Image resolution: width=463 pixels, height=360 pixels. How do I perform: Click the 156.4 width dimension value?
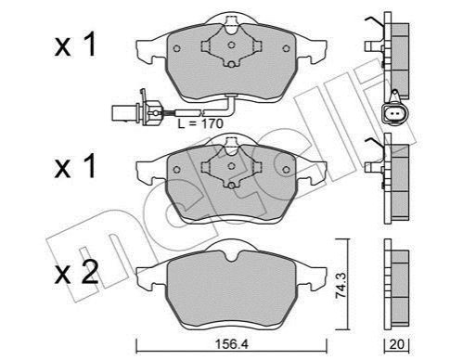(232, 343)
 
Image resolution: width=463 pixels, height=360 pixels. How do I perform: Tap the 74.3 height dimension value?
(341, 285)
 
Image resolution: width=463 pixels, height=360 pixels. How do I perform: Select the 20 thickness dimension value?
(396, 344)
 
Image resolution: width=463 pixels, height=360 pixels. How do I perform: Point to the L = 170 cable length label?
(200, 123)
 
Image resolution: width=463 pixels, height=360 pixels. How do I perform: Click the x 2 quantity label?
(76, 272)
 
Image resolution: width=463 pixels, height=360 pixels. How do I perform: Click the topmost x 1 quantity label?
(75, 45)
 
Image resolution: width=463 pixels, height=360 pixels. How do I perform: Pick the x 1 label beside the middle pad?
(75, 166)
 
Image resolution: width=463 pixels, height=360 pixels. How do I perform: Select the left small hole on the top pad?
(176, 48)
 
